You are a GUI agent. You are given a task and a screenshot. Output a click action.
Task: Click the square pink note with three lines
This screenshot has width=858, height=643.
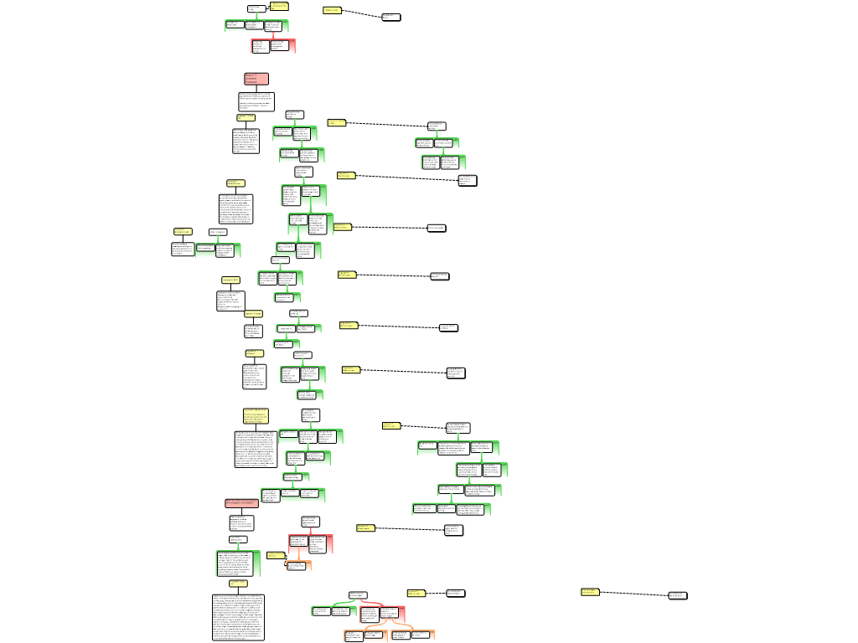click(x=256, y=79)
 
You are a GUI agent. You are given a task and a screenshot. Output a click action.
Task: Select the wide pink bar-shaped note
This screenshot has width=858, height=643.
click(x=241, y=503)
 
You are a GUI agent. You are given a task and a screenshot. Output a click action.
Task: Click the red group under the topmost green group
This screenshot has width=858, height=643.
click(x=273, y=46)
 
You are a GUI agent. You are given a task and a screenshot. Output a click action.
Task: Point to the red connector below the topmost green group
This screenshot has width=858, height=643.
click(x=272, y=35)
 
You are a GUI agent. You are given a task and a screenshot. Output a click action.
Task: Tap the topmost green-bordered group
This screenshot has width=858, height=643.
click(x=256, y=26)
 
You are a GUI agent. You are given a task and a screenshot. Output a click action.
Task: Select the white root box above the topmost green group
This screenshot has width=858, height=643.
click(x=256, y=9)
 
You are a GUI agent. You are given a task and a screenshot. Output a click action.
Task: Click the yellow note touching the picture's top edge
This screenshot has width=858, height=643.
click(x=279, y=5)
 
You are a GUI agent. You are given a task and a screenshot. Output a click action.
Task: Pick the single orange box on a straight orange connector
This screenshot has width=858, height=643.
click(x=298, y=566)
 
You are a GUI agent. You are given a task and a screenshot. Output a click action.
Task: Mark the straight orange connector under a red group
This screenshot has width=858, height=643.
click(x=298, y=557)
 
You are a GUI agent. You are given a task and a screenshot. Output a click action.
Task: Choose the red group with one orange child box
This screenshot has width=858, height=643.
click(x=311, y=544)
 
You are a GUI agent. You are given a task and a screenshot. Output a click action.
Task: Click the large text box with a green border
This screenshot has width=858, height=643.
click(x=238, y=563)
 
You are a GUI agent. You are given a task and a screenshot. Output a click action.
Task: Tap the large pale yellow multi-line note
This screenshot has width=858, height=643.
click(x=256, y=416)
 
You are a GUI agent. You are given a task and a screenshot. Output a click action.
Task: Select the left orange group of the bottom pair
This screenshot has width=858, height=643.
click(x=365, y=635)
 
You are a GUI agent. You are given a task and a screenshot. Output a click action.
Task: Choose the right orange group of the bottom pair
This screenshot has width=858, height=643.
click(x=412, y=635)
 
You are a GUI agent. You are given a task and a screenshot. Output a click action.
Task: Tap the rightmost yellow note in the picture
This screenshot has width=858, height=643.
click(x=590, y=592)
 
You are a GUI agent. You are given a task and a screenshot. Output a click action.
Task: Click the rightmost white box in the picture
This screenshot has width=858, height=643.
click(x=677, y=595)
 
